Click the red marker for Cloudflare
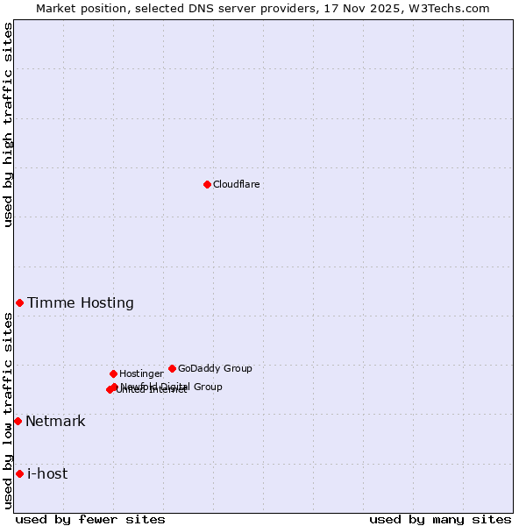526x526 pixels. pos(207,184)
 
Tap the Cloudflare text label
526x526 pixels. pos(236,184)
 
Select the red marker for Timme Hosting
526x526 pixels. pos(19,302)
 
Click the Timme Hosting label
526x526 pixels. pos(81,303)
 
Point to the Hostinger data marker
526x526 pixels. pos(113,373)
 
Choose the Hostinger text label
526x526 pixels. pos(141,373)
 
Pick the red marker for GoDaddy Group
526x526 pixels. pos(172,368)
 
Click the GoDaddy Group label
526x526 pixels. pos(215,368)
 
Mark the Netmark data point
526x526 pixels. pos(18,421)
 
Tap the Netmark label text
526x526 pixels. pos(55,421)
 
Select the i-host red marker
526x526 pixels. pos(19,473)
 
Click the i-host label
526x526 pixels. pos(47,474)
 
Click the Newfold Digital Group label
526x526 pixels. pos(172,386)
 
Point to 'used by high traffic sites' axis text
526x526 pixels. pos(8,124)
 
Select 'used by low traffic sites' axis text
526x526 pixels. pos(8,409)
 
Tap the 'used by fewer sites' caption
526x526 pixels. pos(90,519)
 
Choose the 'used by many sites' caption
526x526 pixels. pos(440,519)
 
